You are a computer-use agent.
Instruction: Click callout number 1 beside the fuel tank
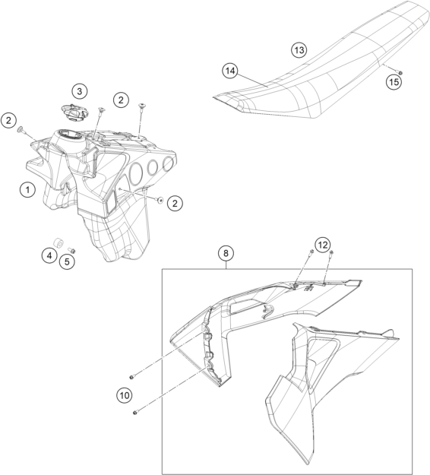pos(27,190)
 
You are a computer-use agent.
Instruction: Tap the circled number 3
pos(80,91)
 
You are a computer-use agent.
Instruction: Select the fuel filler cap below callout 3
pos(74,112)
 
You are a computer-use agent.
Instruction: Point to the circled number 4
pos(49,255)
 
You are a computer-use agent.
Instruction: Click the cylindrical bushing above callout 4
pos(58,243)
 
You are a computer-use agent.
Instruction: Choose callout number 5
pos(67,261)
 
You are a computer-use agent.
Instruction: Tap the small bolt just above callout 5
pos(71,251)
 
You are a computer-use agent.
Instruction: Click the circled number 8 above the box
pos(226,253)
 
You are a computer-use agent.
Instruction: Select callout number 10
pos(125,395)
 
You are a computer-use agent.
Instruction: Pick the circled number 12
pos(323,245)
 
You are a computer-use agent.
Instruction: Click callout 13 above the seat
pos(299,49)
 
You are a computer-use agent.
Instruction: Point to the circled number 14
pos(230,71)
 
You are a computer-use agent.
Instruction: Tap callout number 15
pos(394,82)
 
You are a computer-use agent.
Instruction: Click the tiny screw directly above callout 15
pos(400,72)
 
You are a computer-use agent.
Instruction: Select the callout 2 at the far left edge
pos(8,120)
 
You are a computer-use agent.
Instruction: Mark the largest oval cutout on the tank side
pos(135,174)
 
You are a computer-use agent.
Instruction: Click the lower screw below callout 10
pos(135,412)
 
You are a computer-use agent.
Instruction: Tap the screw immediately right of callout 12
pos(331,253)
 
